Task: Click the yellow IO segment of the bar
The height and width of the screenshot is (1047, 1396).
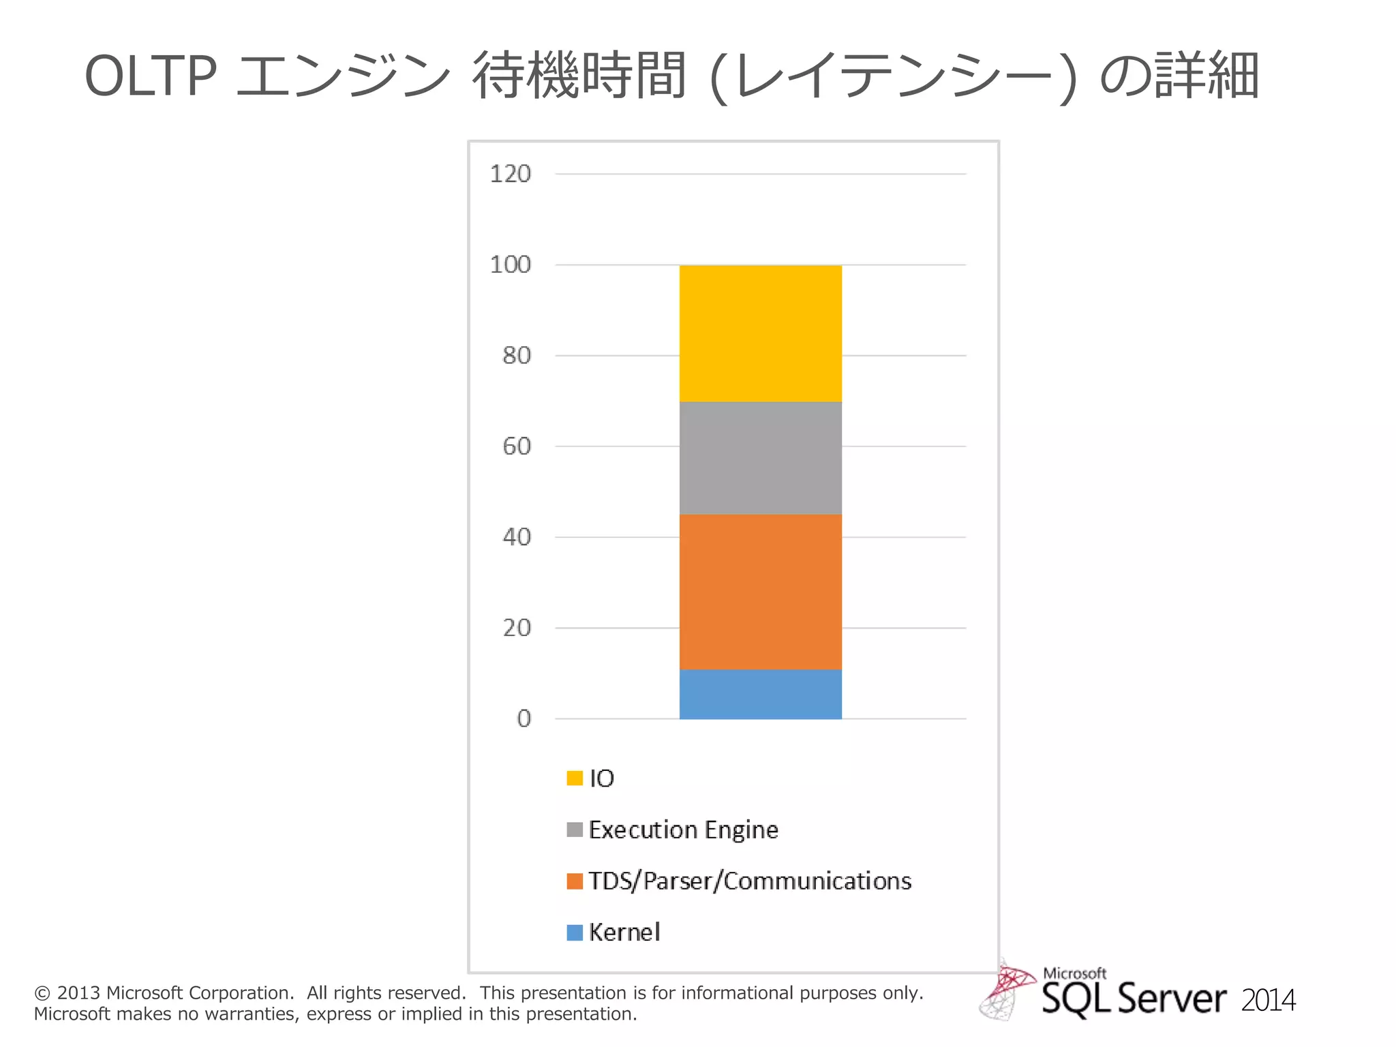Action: (x=760, y=333)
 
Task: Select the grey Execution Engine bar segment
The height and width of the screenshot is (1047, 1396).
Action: (x=760, y=457)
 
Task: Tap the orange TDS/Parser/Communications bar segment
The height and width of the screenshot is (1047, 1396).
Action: (x=760, y=592)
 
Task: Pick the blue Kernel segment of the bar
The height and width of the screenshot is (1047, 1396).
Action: (x=760, y=694)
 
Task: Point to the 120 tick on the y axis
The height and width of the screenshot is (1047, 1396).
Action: (x=510, y=174)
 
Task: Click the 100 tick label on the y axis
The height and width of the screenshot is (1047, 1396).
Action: (x=510, y=264)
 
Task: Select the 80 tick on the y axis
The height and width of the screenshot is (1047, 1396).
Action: (x=516, y=355)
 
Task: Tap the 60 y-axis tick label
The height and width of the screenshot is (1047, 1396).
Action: (x=516, y=446)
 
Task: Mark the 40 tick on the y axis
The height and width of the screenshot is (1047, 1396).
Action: (x=516, y=537)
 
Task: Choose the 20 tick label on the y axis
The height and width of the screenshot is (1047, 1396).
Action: (x=516, y=628)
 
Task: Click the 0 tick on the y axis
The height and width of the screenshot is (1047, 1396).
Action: (x=523, y=718)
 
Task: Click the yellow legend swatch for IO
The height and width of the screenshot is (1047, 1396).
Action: (x=575, y=778)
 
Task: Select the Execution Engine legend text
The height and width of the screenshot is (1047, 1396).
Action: (x=683, y=830)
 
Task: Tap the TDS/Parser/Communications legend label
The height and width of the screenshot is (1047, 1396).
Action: (x=750, y=881)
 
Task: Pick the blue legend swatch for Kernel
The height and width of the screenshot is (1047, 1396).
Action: (x=575, y=932)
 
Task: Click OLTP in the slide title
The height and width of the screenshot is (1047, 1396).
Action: (x=151, y=76)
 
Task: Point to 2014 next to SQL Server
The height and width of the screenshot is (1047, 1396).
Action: (x=1268, y=1001)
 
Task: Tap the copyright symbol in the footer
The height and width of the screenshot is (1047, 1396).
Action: (x=42, y=993)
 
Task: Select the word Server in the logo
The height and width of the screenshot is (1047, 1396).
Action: (x=1172, y=999)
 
